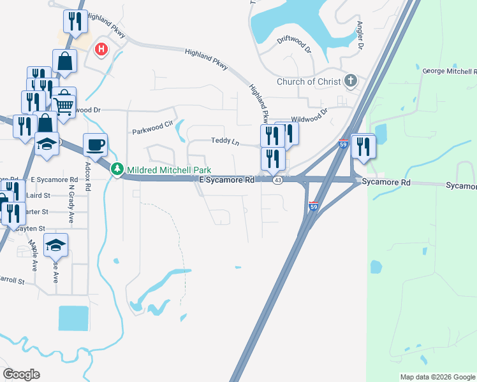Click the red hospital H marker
(x=101, y=50)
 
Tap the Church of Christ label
(x=305, y=81)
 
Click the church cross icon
(x=349, y=81)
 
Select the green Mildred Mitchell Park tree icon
(x=117, y=169)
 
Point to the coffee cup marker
(x=95, y=145)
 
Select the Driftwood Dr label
(x=294, y=43)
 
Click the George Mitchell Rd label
(x=450, y=70)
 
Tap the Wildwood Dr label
(x=309, y=115)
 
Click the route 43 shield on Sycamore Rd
(x=277, y=181)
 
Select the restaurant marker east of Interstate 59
(x=363, y=146)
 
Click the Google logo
(x=21, y=374)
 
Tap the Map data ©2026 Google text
(x=437, y=377)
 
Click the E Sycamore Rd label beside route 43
(x=226, y=181)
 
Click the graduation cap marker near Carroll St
(x=55, y=244)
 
